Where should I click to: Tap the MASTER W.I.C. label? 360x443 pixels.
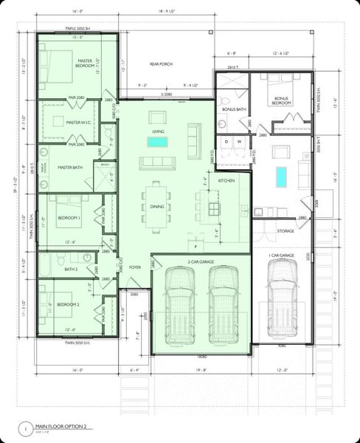tap(77, 123)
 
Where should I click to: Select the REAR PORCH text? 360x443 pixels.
tap(161, 64)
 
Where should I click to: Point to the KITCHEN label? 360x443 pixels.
tap(226, 181)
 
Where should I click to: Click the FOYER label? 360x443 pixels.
tap(135, 268)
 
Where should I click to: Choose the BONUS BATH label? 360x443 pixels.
tap(234, 110)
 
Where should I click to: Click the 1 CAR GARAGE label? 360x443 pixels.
tap(281, 255)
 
